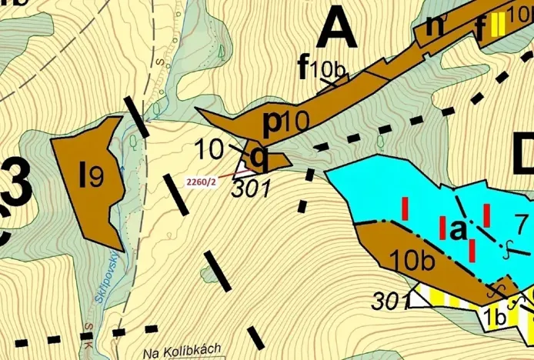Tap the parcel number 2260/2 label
(201, 182)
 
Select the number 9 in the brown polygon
(96, 178)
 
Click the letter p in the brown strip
(272, 122)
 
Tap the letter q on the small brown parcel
(260, 159)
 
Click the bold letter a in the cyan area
(457, 229)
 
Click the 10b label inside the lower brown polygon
(412, 260)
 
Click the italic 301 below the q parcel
(252, 187)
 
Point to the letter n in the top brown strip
(436, 24)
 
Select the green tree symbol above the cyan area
(380, 142)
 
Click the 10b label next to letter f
(329, 70)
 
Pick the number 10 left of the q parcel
(209, 147)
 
